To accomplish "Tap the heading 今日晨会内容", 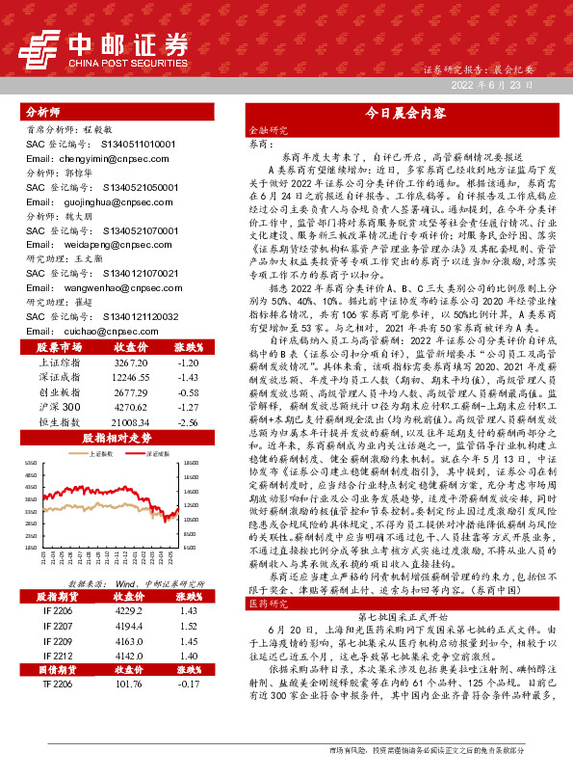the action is coord(399,113).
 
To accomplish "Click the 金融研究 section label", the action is coord(269,129).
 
